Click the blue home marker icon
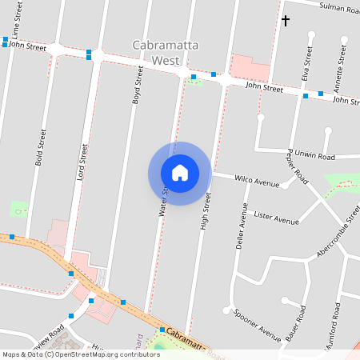coord(180,173)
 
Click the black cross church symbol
coord(286,21)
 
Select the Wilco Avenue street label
coord(257,181)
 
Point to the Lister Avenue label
coord(275,217)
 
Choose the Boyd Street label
coord(138,86)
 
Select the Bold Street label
coord(39,148)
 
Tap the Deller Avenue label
coord(242,226)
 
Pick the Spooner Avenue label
coord(258,322)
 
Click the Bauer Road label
coord(295,323)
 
